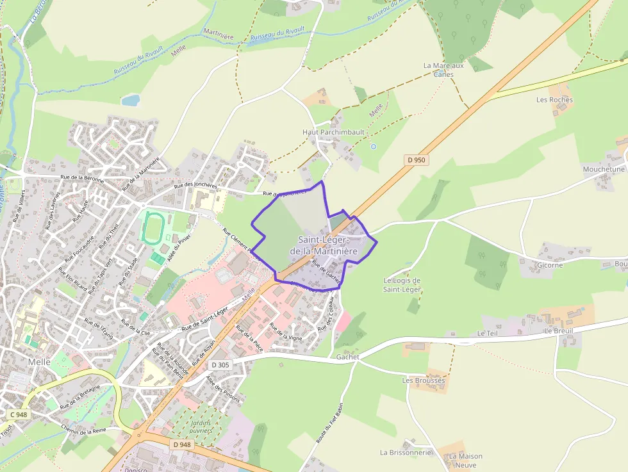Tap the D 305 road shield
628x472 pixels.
point(220,365)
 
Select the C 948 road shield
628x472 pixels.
point(19,415)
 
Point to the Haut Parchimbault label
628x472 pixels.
point(333,132)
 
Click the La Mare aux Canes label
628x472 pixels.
point(443,70)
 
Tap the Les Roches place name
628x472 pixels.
point(554,100)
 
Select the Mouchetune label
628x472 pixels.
point(603,169)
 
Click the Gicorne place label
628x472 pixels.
point(550,264)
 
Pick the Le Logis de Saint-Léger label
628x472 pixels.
point(402,285)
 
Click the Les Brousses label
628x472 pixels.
point(424,380)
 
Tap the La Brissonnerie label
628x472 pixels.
point(406,452)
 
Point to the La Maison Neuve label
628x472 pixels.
point(466,460)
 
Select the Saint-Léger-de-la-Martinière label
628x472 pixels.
point(324,245)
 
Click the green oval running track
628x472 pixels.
point(153,228)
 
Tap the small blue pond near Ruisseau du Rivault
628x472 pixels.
point(131,100)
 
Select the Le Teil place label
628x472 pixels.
point(488,334)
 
